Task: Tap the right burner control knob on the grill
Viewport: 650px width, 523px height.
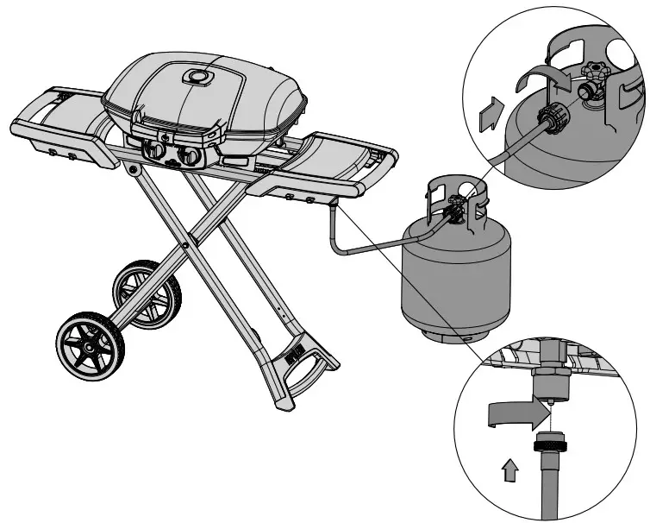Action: pyautogui.click(x=188, y=157)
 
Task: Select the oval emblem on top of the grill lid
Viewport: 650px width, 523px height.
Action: pyautogui.click(x=200, y=77)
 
